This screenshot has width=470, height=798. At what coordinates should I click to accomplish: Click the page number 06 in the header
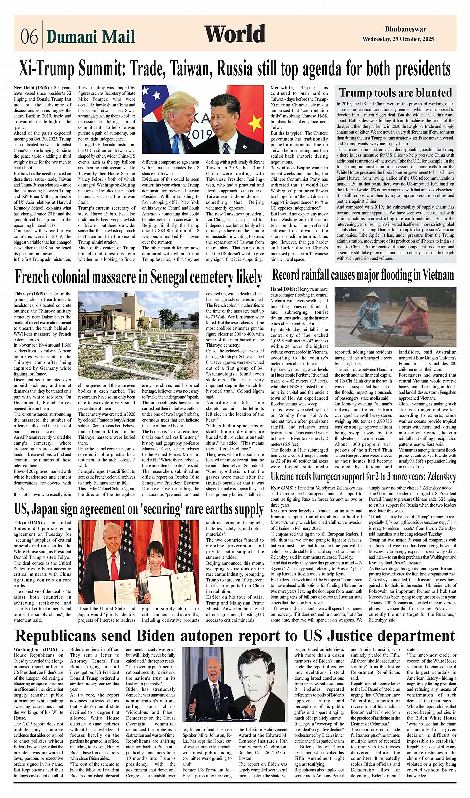[29, 36]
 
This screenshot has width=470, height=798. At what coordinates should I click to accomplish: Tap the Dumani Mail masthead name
[91, 37]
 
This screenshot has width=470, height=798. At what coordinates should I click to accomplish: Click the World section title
[235, 34]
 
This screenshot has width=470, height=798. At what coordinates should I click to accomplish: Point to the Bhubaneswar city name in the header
[405, 29]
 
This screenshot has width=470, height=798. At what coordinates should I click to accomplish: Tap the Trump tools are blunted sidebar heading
[395, 93]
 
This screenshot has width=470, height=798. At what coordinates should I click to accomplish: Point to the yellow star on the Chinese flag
[255, 121]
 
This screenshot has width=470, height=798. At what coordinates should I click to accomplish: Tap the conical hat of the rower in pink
[421, 303]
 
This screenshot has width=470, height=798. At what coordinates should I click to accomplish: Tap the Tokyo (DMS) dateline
[30, 523]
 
